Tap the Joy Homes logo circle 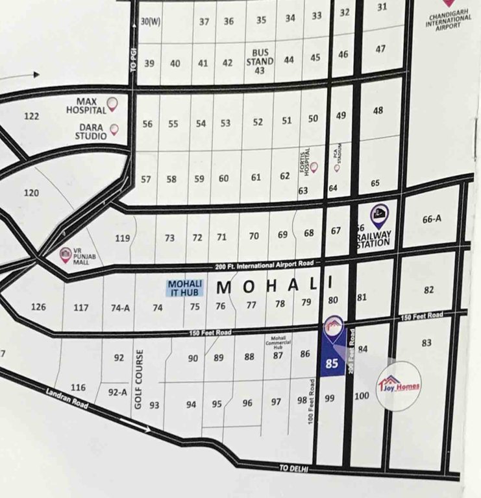coord(399,386)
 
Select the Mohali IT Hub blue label coord(185,288)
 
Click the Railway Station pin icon coord(379,213)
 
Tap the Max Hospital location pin coord(112,103)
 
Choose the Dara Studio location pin coord(114,130)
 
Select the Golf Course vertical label coord(138,379)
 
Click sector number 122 coord(32,117)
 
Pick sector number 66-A coord(431,220)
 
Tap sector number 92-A coord(117,392)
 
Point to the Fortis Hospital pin coord(314,167)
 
